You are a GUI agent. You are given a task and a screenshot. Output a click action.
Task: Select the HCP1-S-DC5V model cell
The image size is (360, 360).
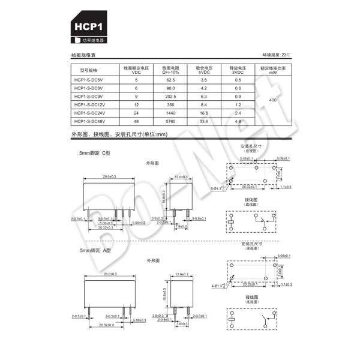click(x=88, y=80)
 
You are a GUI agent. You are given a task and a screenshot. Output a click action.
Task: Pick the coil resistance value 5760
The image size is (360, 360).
click(x=170, y=121)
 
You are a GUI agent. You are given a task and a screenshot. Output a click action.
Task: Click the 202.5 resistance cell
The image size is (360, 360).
click(x=170, y=96)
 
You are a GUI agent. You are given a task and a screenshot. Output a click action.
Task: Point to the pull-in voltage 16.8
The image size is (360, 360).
click(x=203, y=113)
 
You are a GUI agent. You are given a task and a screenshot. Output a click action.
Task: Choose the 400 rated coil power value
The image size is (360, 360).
click(x=273, y=100)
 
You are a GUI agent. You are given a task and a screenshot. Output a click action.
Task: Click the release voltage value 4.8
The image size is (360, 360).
click(x=238, y=121)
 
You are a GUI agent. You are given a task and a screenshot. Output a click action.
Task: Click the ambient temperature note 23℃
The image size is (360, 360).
click(x=276, y=55)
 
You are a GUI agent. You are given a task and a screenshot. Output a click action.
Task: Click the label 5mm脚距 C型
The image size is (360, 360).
click(x=95, y=153)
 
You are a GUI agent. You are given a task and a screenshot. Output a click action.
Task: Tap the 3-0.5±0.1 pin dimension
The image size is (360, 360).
click(x=108, y=218)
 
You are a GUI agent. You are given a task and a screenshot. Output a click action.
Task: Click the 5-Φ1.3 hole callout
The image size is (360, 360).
click(x=221, y=188)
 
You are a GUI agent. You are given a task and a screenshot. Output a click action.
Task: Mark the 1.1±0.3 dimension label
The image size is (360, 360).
click(x=284, y=187)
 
